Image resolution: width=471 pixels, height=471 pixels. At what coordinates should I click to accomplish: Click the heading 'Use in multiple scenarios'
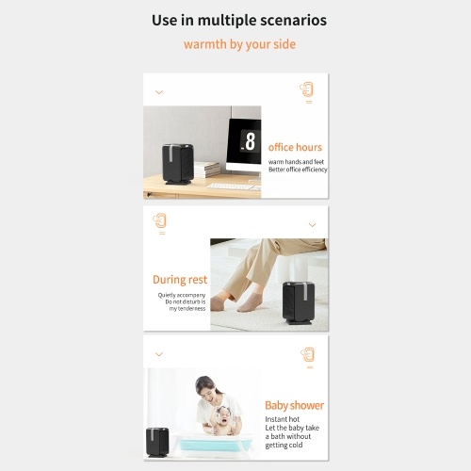pos(239,21)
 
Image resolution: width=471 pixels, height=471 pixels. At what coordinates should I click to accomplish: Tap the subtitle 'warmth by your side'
pos(239,44)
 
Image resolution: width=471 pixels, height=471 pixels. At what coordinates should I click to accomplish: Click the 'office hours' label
pos(295,147)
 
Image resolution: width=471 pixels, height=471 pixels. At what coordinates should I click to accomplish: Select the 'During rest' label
pos(180,280)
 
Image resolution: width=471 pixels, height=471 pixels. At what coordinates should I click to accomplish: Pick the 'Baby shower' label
pos(294,405)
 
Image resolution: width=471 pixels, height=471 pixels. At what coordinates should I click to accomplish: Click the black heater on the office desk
pos(177,164)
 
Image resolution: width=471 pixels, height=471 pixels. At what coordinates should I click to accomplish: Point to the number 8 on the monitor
pos(251,141)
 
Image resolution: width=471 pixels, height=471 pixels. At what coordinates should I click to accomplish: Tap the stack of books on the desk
pos(207,170)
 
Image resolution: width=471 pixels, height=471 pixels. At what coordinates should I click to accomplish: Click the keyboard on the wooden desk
pos(233,187)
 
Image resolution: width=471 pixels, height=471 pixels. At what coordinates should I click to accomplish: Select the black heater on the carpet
pos(299,302)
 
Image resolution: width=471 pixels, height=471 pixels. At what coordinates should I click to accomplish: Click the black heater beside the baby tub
pos(157,442)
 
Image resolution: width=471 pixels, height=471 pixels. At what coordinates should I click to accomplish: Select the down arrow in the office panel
pos(159,92)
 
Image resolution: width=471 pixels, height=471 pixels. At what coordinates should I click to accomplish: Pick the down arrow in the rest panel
pos(312,225)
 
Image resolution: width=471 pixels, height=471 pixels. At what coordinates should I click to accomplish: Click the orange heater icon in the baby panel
pos(308,355)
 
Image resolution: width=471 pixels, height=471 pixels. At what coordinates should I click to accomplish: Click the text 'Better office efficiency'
pos(298,170)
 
